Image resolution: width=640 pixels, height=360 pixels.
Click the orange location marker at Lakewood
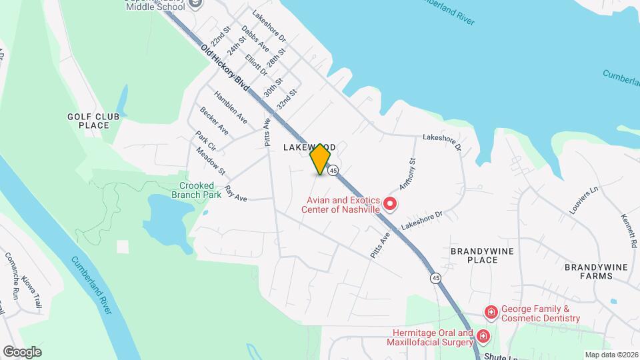click(321, 159)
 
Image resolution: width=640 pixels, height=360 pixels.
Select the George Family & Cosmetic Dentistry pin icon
click(491, 312)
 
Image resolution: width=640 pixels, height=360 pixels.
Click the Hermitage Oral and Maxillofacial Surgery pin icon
click(483, 337)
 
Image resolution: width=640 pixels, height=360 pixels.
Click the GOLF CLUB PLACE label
click(93, 121)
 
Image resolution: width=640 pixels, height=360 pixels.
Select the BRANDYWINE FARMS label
click(596, 271)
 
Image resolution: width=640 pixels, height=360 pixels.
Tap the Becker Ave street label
click(214, 121)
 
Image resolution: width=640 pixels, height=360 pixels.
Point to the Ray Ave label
click(236, 194)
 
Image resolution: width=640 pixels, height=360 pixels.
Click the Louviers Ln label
click(585, 199)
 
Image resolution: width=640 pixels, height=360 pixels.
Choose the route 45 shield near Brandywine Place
click(435, 277)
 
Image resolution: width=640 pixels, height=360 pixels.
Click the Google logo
click(22, 351)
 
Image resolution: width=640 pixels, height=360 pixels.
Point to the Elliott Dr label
click(255, 65)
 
